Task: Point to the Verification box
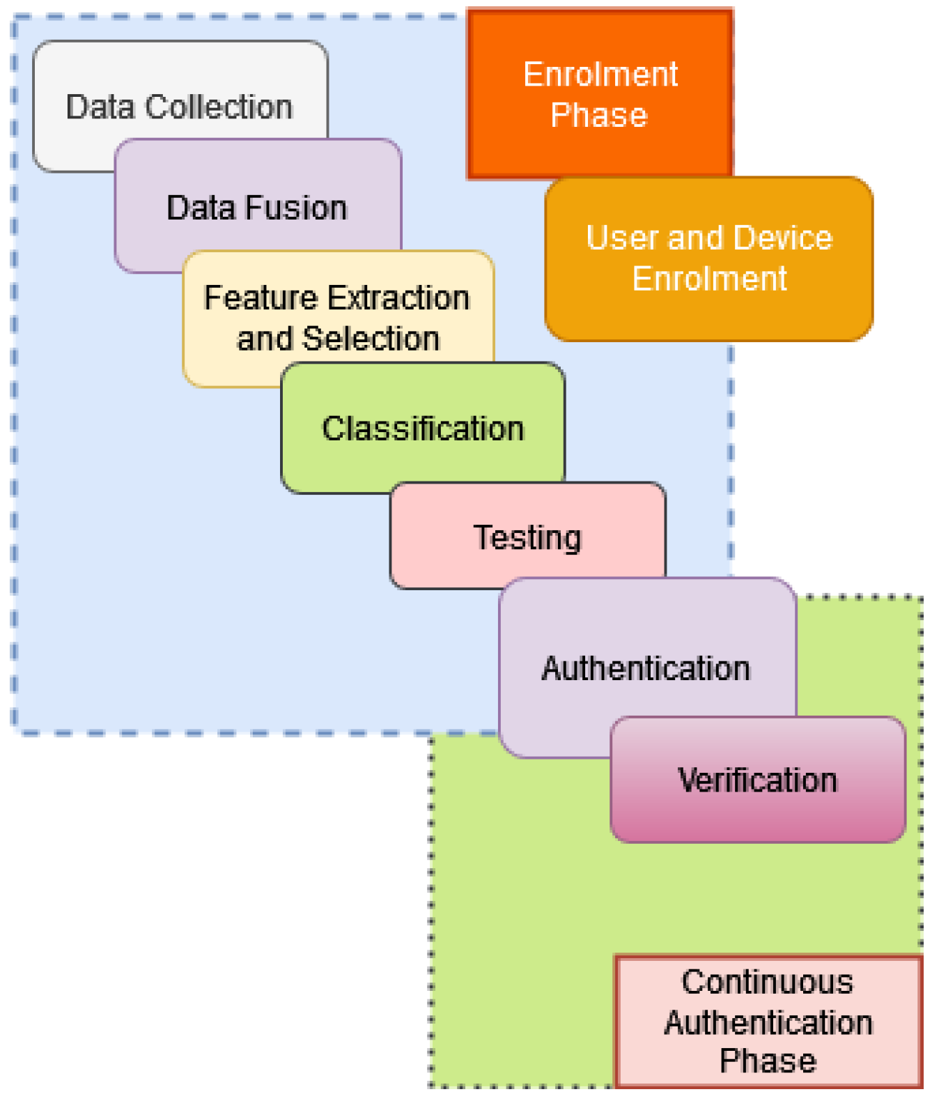point(757,779)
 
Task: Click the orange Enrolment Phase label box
point(599,93)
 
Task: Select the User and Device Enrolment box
point(708,258)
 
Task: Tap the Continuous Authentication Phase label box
point(768,1021)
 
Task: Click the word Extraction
point(398,298)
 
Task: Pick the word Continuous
point(768,982)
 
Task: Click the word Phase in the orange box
point(598,115)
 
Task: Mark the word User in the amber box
point(622,238)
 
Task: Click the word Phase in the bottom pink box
point(768,1061)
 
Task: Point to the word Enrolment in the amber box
point(709,279)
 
